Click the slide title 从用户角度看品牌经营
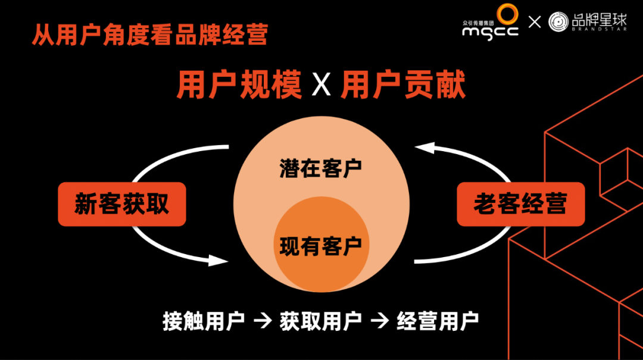[x=149, y=35]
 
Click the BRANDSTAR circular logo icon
[x=558, y=22]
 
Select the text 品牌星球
[x=600, y=19]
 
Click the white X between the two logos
[x=535, y=23]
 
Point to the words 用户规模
[x=239, y=85]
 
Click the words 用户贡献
[x=403, y=85]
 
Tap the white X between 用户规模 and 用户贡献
[x=321, y=86]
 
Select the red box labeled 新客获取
[x=122, y=204]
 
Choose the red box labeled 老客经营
[x=520, y=204]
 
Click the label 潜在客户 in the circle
[x=321, y=168]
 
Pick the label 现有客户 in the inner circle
[x=321, y=245]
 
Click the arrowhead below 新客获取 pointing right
[x=219, y=259]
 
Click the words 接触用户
[x=204, y=322]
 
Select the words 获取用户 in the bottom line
[x=320, y=322]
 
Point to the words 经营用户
[x=438, y=322]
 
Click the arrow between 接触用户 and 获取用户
[x=262, y=323]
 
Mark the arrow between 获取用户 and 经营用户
[x=379, y=323]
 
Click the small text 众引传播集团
[x=479, y=22]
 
